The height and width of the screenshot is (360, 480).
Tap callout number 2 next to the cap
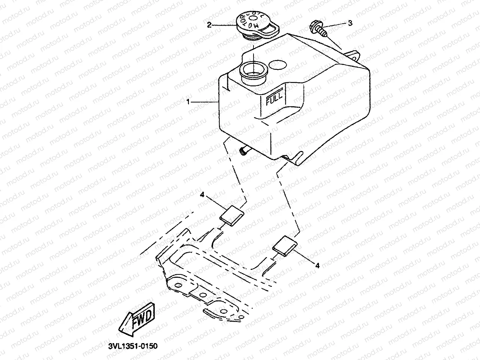click(209, 25)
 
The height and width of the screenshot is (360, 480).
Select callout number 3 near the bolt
click(350, 23)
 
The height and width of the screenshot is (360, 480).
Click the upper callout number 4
click(202, 195)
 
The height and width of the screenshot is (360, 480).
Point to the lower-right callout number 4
click(317, 265)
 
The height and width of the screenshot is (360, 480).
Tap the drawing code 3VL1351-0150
click(130, 345)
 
